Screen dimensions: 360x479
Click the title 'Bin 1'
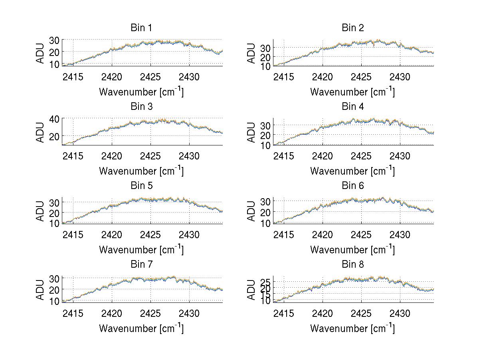141,28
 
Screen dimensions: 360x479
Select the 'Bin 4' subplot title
353,107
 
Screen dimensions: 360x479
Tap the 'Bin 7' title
141,265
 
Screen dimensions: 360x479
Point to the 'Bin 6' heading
353,186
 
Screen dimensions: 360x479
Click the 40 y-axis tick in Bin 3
54,119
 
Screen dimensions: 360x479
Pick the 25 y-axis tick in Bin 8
265,282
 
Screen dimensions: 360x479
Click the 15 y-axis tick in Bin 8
265,294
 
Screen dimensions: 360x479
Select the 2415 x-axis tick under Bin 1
73,76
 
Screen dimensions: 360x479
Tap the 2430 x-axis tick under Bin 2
400,76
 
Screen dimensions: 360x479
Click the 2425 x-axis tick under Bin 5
151,234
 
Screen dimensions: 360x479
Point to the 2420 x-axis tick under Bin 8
323,313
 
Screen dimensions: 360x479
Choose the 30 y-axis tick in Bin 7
54,278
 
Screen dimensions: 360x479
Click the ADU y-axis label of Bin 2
251,53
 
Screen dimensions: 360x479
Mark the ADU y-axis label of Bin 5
40,211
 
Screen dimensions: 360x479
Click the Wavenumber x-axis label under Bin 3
141,171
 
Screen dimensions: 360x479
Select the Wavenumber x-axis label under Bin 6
352,249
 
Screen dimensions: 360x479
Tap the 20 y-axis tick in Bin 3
54,136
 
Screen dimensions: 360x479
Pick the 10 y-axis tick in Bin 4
265,145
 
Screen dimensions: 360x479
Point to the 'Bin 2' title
353,28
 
